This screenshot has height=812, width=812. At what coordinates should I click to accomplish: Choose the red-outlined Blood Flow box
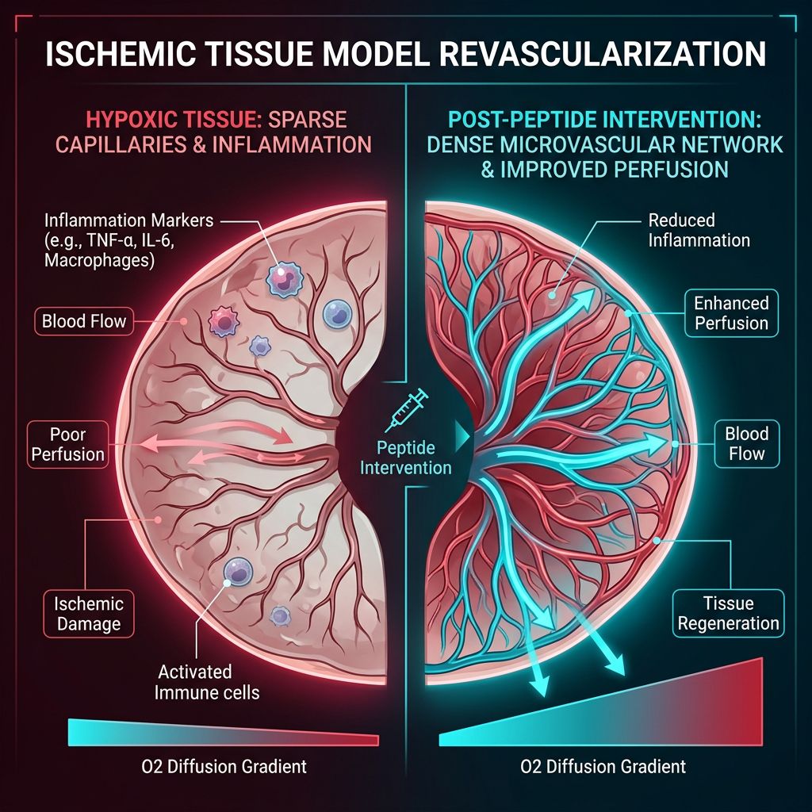click(84, 322)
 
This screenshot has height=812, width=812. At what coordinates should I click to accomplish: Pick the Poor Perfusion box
click(67, 444)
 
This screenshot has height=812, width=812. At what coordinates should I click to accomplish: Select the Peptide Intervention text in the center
click(406, 457)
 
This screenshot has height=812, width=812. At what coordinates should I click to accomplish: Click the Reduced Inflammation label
click(699, 229)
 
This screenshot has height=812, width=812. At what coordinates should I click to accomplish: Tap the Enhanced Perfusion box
click(730, 313)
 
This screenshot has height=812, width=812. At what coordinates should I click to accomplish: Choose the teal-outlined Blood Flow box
click(746, 443)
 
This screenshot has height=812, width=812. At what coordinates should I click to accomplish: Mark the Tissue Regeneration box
click(728, 613)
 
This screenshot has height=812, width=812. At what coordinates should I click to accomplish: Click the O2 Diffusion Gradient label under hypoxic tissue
click(219, 767)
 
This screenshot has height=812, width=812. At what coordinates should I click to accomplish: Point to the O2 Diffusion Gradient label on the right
click(603, 767)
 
